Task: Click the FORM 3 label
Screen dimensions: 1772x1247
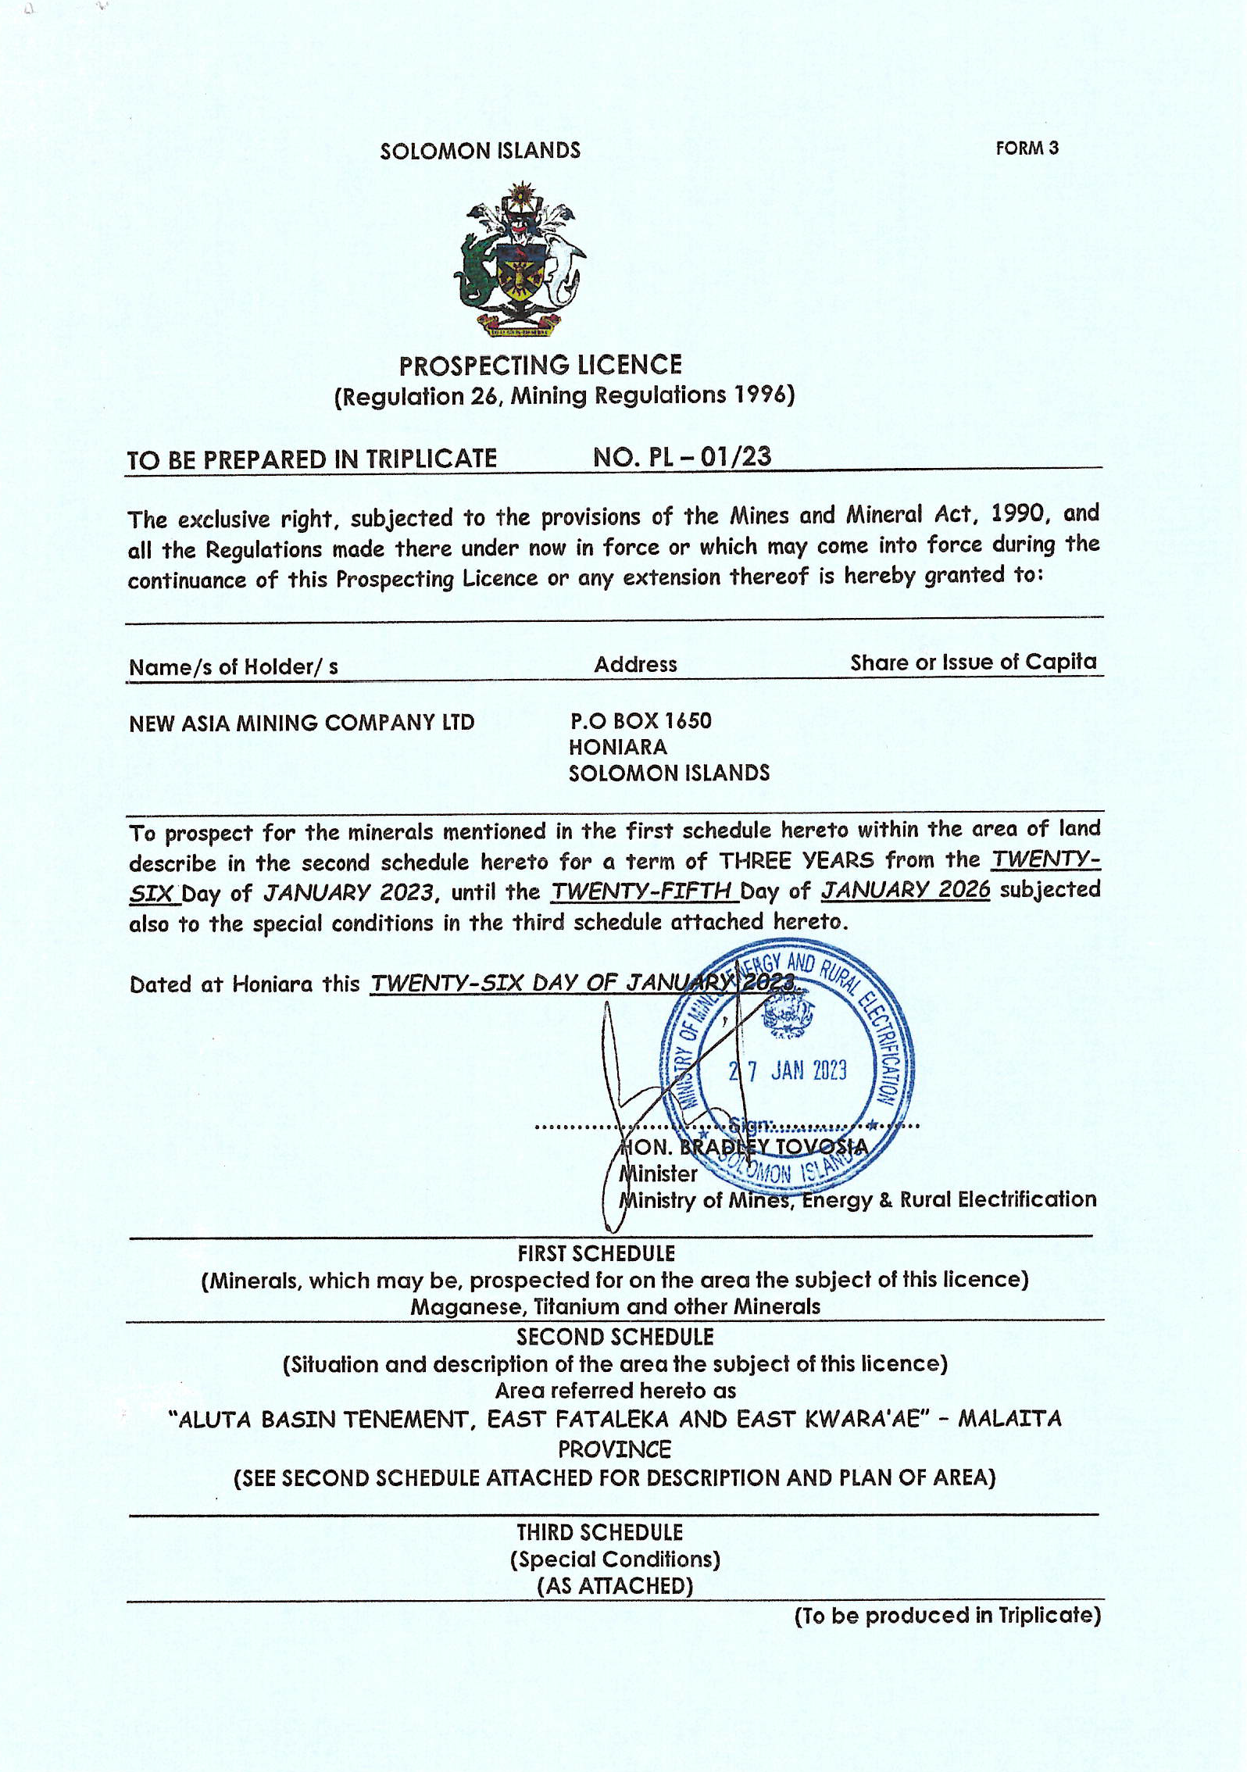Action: pyautogui.click(x=1026, y=148)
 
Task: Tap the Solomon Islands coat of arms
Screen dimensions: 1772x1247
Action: pyautogui.click(x=519, y=260)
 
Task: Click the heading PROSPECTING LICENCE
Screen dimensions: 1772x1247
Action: pyautogui.click(x=540, y=366)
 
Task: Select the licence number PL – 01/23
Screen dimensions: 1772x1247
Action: pyautogui.click(x=681, y=457)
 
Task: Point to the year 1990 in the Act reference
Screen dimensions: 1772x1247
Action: pyautogui.click(x=1017, y=514)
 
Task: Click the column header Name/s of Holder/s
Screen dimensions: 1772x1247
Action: pyautogui.click(x=233, y=667)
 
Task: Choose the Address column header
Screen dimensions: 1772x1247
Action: pyautogui.click(x=635, y=665)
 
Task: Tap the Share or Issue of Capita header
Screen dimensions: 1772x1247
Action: pyautogui.click(x=973, y=663)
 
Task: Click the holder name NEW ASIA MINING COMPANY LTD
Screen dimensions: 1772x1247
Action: pyautogui.click(x=302, y=723)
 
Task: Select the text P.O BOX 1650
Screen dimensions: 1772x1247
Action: pyautogui.click(x=641, y=720)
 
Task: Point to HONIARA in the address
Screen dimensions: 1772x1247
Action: pyautogui.click(x=617, y=748)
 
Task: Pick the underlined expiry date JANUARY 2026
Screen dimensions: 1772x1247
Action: pyautogui.click(x=905, y=890)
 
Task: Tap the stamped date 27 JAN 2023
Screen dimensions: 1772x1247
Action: pyautogui.click(x=788, y=1070)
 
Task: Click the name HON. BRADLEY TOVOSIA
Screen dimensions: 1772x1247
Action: pyautogui.click(x=743, y=1147)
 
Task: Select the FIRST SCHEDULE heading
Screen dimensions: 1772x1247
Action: pyautogui.click(x=596, y=1254)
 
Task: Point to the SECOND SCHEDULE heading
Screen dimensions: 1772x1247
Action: pyautogui.click(x=615, y=1337)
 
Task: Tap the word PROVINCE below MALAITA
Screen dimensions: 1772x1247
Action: pyautogui.click(x=614, y=1450)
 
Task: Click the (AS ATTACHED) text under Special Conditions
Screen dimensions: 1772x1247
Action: pyautogui.click(x=615, y=1585)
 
